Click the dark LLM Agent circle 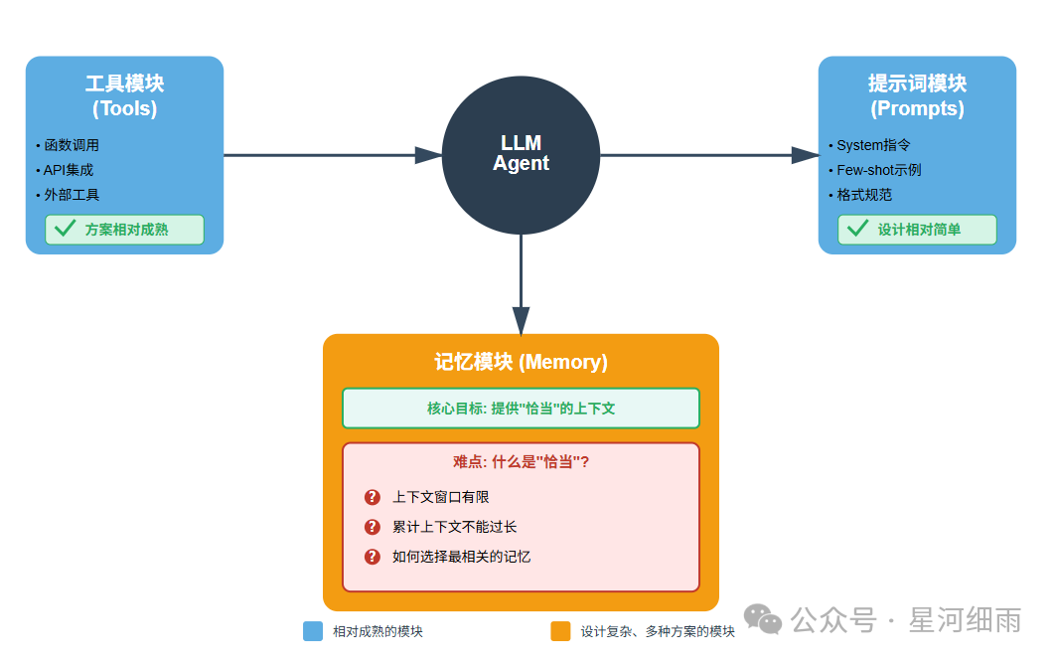pyautogui.click(x=521, y=155)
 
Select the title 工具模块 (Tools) pyautogui.click(x=124, y=95)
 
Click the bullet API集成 pyautogui.click(x=68, y=170)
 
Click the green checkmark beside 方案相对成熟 pyautogui.click(x=66, y=229)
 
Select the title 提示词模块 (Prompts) pyautogui.click(x=917, y=95)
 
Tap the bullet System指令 pyautogui.click(x=873, y=145)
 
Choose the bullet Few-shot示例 pyautogui.click(x=878, y=170)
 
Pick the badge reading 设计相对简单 pyautogui.click(x=917, y=230)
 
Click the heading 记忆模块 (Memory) pyautogui.click(x=521, y=362)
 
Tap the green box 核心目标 pyautogui.click(x=521, y=409)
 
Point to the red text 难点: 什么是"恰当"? pyautogui.click(x=521, y=461)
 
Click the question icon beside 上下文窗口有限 pyautogui.click(x=373, y=497)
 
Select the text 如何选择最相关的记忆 pyautogui.click(x=461, y=557)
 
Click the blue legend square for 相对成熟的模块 pyautogui.click(x=313, y=631)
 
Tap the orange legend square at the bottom pyautogui.click(x=560, y=631)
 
